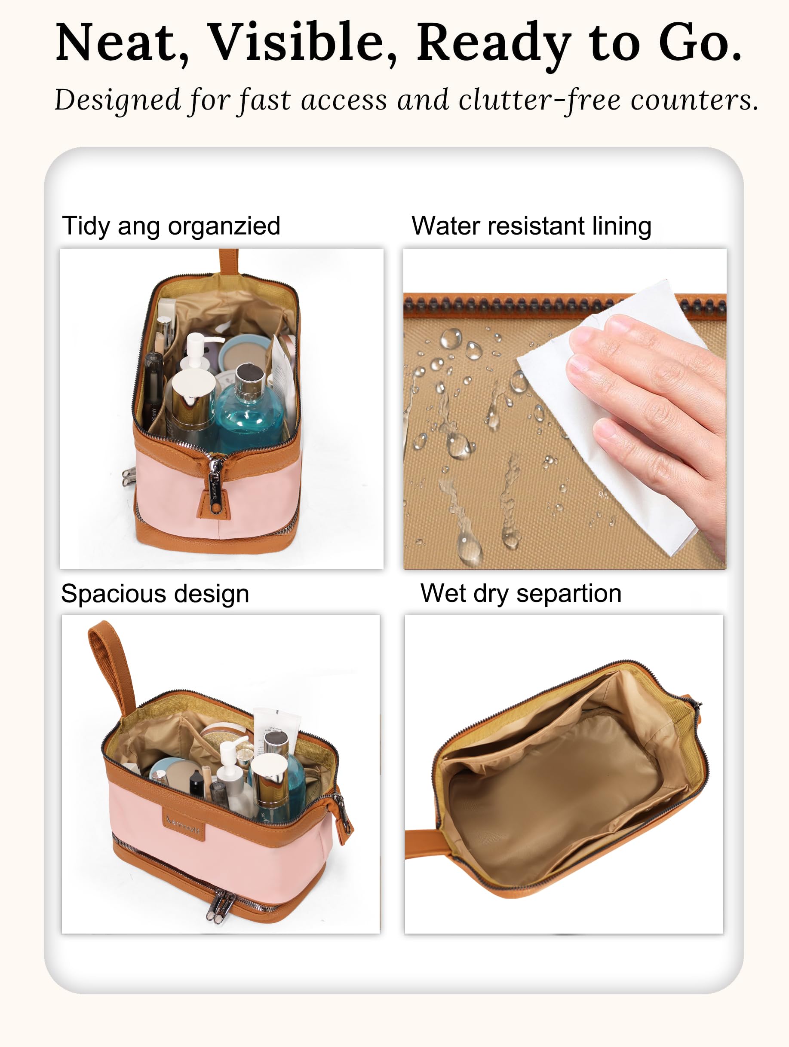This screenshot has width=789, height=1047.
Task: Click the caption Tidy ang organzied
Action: [x=171, y=226]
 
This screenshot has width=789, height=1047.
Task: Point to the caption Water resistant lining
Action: [x=531, y=226]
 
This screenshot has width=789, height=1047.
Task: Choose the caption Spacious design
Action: [x=155, y=594]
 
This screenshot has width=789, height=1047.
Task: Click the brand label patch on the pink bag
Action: [x=184, y=825]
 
